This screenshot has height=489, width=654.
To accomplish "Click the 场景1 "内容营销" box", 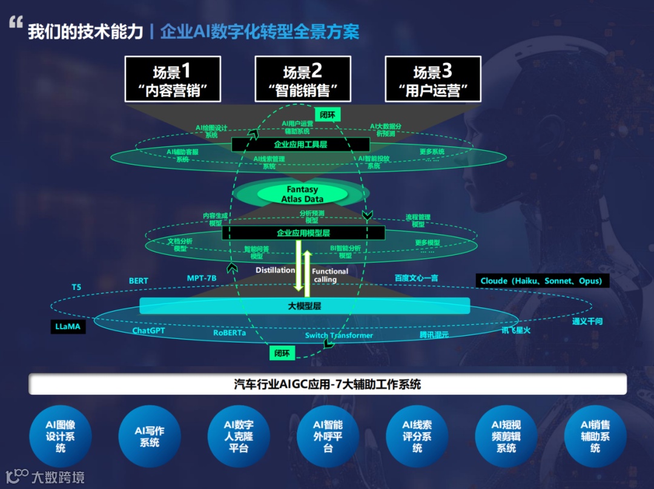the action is click(173, 79).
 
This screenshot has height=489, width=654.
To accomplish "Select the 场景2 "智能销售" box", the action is click(303, 79).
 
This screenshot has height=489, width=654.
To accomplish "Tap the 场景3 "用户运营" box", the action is click(433, 79).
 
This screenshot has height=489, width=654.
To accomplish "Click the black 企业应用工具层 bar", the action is click(300, 145).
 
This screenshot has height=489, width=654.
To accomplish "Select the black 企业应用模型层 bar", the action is click(303, 232).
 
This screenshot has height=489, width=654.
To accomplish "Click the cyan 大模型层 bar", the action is click(305, 306).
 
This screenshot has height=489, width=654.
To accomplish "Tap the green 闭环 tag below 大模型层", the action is click(282, 353).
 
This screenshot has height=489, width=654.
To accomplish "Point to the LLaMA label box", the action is click(68, 327).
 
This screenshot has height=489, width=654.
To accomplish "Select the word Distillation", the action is click(275, 270).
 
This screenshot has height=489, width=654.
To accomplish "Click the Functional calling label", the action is click(330, 275).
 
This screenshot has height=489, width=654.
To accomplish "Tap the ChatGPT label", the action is click(148, 331).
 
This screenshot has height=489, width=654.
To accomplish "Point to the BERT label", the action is click(139, 281).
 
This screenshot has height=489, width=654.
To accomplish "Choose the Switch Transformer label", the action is click(339, 335).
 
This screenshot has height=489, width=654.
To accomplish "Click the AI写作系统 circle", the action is click(150, 436).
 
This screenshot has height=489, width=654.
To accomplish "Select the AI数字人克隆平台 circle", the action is click(239, 436).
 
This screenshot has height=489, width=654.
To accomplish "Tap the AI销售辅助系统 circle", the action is click(595, 436).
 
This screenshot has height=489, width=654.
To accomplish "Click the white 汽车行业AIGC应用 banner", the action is click(327, 384).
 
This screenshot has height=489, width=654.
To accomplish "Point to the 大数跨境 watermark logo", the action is click(45, 476).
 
